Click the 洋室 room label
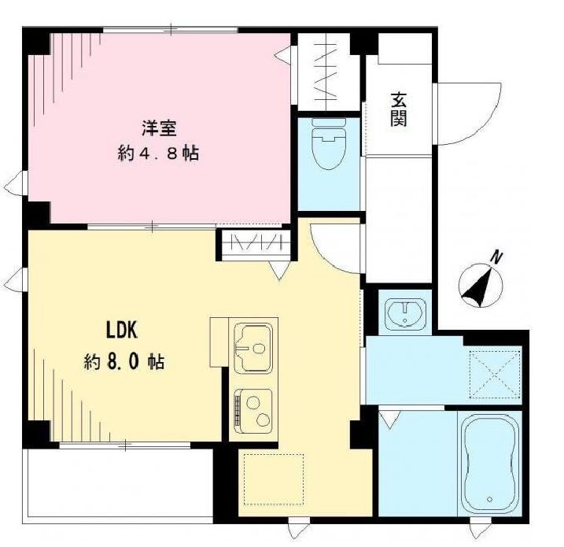[158, 126]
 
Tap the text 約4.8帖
[158, 153]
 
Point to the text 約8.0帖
[124, 362]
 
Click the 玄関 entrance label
[399, 109]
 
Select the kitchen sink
[254, 346]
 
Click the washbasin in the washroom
[405, 313]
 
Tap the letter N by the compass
[496, 257]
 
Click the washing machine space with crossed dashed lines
[494, 375]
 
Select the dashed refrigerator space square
[271, 479]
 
